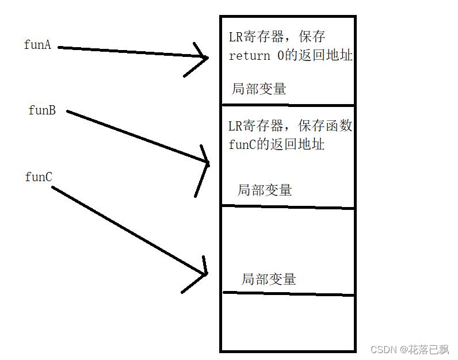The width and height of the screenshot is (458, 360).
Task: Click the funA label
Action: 37,45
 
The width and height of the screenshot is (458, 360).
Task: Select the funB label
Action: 42,110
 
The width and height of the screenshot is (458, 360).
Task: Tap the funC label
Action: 39,177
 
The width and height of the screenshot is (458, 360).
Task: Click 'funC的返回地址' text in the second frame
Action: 277,144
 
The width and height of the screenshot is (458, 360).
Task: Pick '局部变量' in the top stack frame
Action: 259,89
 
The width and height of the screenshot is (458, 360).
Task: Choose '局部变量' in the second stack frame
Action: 265,190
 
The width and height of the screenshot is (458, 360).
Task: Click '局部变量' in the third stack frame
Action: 269,279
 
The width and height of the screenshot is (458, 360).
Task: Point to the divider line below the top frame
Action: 288,105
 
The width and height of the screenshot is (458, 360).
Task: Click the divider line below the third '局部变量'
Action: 288,294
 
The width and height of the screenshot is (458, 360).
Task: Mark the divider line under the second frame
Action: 288,206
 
